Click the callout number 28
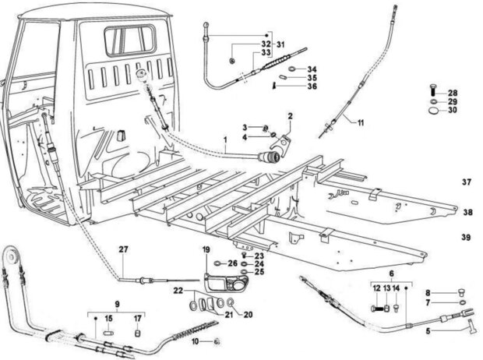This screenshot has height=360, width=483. (x=453, y=93)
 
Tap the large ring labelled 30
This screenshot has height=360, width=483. (x=434, y=111)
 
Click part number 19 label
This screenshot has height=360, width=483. (x=206, y=249)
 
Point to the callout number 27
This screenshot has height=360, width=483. (x=123, y=249)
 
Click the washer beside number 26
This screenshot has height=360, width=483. (x=218, y=263)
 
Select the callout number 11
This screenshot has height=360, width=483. (x=361, y=123)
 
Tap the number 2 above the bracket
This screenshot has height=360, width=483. (x=290, y=116)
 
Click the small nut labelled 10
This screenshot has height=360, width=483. (x=217, y=341)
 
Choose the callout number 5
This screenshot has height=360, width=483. (x=428, y=332)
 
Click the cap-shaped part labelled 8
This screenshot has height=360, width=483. (x=461, y=292)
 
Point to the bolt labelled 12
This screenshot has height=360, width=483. (x=379, y=308)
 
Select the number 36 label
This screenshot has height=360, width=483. (x=312, y=86)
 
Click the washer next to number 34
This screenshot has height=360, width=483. (x=293, y=69)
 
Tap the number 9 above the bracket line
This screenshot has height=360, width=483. (x=117, y=304)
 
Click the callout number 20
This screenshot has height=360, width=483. (x=248, y=314)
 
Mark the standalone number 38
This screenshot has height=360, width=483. (x=467, y=213)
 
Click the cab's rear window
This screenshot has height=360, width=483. (x=130, y=41)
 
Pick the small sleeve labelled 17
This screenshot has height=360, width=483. (x=138, y=334)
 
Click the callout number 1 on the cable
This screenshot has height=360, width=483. (x=225, y=139)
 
